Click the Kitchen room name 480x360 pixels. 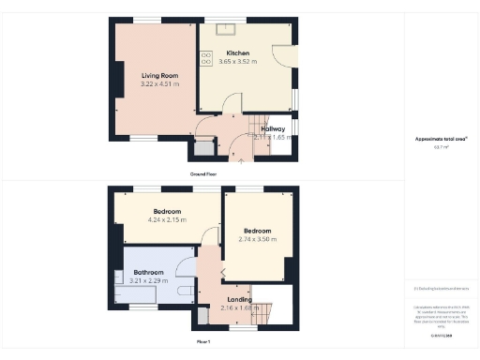238,53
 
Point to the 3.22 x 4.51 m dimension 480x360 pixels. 159,83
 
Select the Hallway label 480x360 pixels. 273,128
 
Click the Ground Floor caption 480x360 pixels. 203,174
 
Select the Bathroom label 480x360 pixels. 148,273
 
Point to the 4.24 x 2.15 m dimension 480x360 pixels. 168,221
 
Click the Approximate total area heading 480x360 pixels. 441,139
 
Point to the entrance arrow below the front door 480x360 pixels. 242,160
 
